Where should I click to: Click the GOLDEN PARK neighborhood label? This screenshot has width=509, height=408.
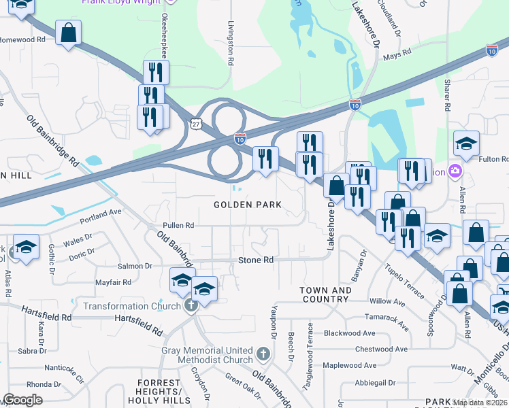pyautogui.click(x=248, y=205)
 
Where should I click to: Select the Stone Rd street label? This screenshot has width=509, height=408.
pyautogui.click(x=255, y=260)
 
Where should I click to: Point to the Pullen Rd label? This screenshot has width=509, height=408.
pyautogui.click(x=178, y=225)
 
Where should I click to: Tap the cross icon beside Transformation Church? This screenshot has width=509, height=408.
pyautogui.click(x=190, y=306)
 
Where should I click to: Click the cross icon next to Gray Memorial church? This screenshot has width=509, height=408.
pyautogui.click(x=265, y=354)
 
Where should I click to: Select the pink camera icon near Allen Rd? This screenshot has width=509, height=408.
pyautogui.click(x=455, y=171)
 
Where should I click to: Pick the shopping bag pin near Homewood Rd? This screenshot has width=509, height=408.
pyautogui.click(x=68, y=33)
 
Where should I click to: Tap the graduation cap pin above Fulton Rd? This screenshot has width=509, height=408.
pyautogui.click(x=466, y=143)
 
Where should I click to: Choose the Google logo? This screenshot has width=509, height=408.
pyautogui.click(x=22, y=400)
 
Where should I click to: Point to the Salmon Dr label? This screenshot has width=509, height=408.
pyautogui.click(x=135, y=267)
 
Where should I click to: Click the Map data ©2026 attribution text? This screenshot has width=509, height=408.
pyautogui.click(x=480, y=403)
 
